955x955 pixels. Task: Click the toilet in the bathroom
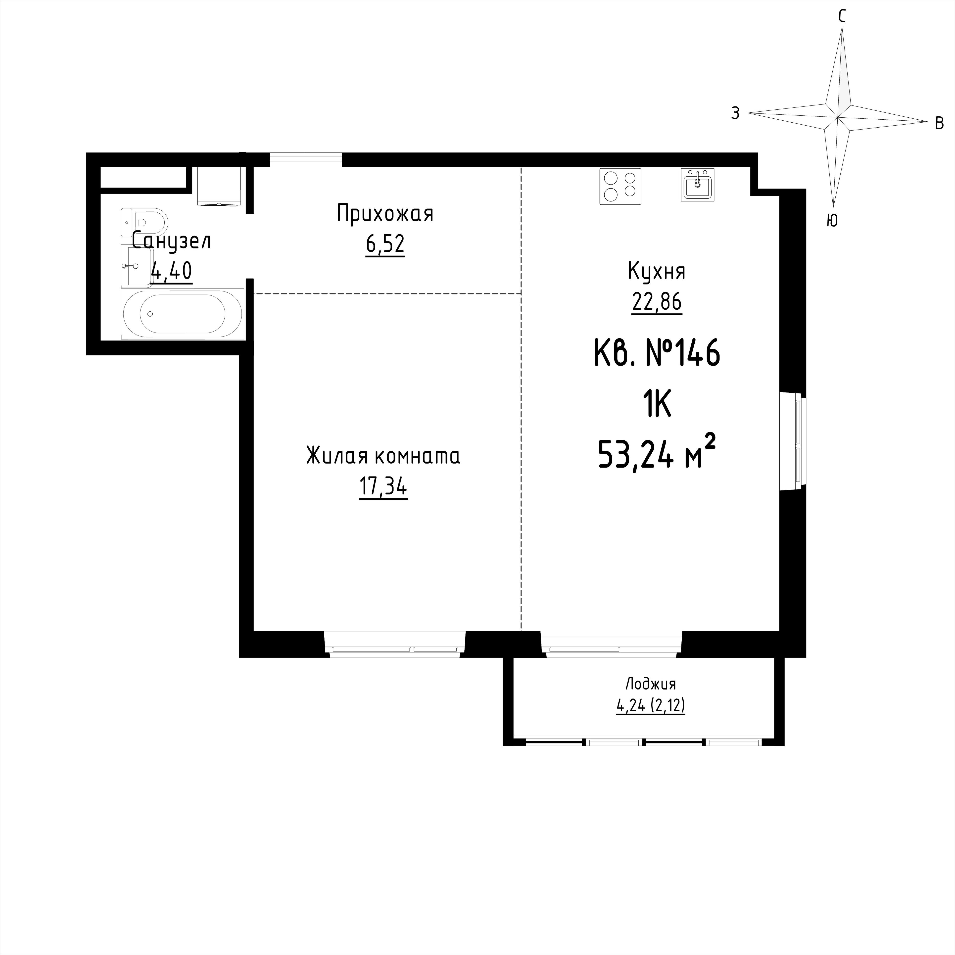pyautogui.click(x=144, y=222)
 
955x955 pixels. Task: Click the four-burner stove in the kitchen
pyautogui.click(x=620, y=186)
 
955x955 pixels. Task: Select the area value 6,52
pyautogui.click(x=385, y=244)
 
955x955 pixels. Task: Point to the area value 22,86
pyautogui.click(x=657, y=301)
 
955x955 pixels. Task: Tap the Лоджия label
pyautogui.click(x=651, y=684)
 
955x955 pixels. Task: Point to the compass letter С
pyautogui.click(x=842, y=17)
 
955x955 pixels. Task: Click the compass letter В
pyautogui.click(x=939, y=123)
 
